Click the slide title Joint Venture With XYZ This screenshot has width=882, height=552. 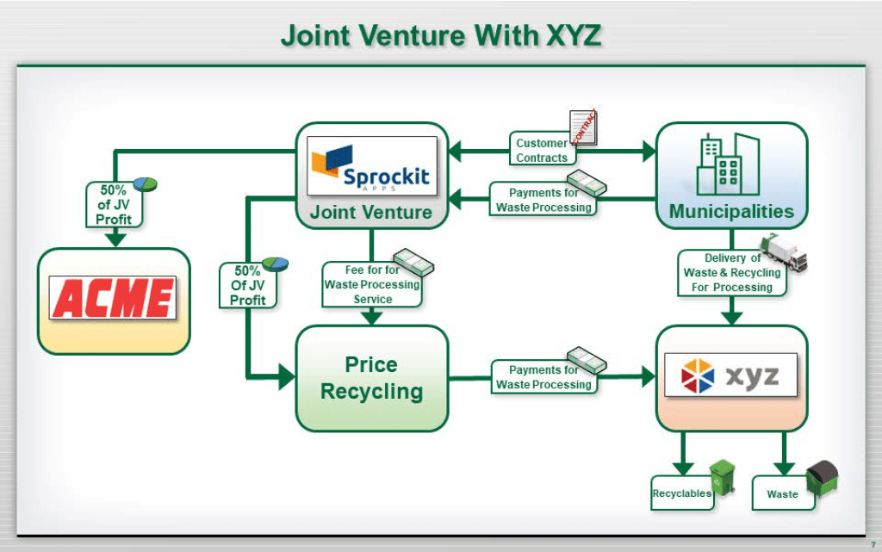tap(440, 36)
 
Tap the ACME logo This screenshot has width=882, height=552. tap(114, 298)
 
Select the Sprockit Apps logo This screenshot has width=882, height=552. tap(372, 167)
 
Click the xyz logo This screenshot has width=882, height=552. tap(730, 375)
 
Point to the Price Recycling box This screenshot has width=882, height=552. tap(372, 378)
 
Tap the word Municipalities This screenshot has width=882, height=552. tap(731, 211)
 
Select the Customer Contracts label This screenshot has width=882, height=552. tap(542, 150)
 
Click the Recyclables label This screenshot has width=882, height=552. tap(681, 493)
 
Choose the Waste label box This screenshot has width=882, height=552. tap(782, 494)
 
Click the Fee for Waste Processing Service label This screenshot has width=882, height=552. tap(372, 284)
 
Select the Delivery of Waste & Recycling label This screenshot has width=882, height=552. tap(731, 272)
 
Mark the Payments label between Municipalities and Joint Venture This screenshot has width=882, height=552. tap(543, 200)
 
